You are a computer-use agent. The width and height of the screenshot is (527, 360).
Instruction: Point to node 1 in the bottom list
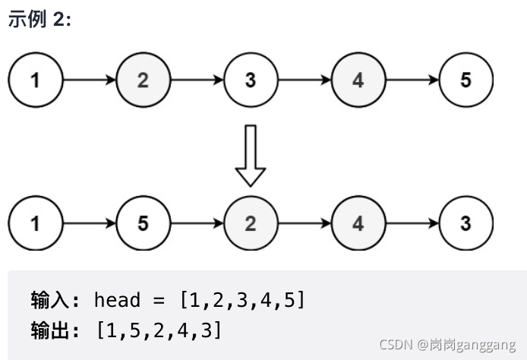pyautogui.click(x=35, y=223)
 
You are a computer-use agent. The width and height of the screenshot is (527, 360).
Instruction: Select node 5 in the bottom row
pyautogui.click(x=143, y=223)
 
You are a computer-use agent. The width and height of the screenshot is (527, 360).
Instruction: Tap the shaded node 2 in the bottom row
pyautogui.click(x=251, y=223)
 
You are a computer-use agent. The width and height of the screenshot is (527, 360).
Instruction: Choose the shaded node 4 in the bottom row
pyautogui.click(x=358, y=223)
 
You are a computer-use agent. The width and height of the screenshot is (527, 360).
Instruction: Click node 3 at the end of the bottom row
pyautogui.click(x=465, y=223)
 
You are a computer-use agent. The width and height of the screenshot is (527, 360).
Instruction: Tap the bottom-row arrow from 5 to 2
pyautogui.click(x=197, y=223)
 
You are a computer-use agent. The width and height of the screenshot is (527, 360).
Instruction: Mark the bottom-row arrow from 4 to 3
pyautogui.click(x=412, y=223)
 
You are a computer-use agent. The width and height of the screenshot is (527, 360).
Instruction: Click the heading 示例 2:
pyautogui.click(x=39, y=20)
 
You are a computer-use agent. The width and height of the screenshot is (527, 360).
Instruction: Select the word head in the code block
pyautogui.click(x=117, y=300)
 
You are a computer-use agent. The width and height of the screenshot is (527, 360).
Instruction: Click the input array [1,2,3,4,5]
pyautogui.click(x=241, y=300)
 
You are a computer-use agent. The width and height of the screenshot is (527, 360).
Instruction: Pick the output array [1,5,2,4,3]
pyautogui.click(x=159, y=330)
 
